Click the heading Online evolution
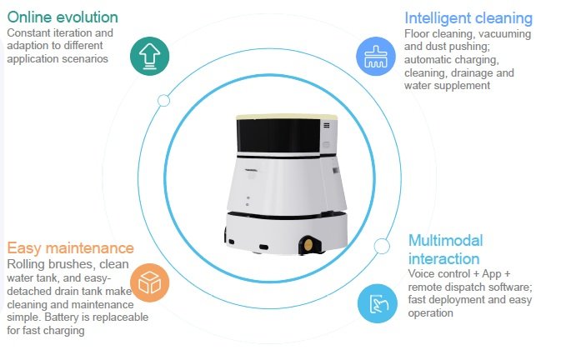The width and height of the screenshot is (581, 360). (x=63, y=17)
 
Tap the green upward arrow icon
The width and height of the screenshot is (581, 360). (x=151, y=55)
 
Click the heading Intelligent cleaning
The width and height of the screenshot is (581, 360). (x=468, y=17)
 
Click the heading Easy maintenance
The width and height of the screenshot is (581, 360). (x=70, y=248)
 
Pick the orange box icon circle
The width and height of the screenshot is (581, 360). (x=150, y=283)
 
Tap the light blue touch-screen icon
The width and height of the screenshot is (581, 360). (x=377, y=304)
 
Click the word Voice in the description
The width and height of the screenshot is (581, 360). (x=424, y=274)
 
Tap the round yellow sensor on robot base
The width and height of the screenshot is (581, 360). (x=309, y=245)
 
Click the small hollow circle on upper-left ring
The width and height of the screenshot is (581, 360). (x=164, y=100)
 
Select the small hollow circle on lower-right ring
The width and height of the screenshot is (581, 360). (x=381, y=245)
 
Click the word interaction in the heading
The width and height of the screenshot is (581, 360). (x=444, y=258)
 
